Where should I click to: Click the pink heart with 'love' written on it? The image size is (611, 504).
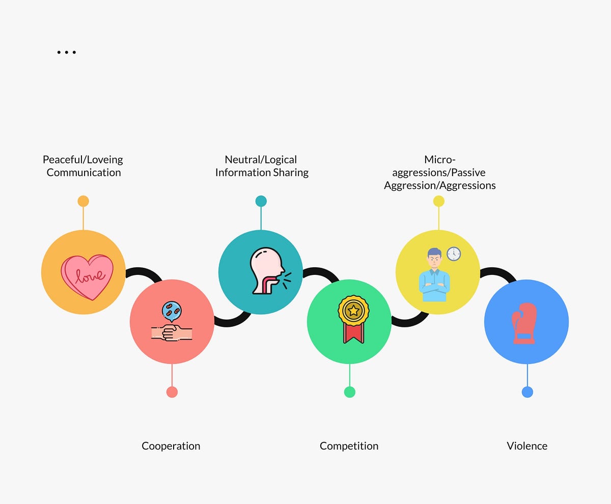pos(87,277)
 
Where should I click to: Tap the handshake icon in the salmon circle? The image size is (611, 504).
pos(172,321)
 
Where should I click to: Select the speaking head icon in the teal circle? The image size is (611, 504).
pos(270,271)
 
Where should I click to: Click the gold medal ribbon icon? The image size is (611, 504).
pos(353,319)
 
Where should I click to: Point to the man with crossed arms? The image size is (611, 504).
pos(434,275)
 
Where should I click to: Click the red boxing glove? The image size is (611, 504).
pos(524,323)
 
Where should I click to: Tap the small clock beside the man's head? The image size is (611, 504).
pos(454,254)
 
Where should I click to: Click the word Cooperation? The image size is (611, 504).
pos(171,446)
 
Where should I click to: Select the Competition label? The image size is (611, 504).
pos(349,446)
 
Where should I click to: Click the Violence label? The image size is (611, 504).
pos(527,446)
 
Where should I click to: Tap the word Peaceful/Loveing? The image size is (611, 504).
pos(83,160)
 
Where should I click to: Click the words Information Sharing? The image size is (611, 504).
pos(262,173)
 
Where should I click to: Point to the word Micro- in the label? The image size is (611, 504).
pos(440,159)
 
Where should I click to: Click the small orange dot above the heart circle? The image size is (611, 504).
pos(84,201)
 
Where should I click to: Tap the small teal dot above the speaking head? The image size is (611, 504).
pos(261,201)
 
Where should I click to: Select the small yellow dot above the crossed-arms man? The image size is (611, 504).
pos(438,201)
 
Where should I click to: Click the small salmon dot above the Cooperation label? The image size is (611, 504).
pos(172,392)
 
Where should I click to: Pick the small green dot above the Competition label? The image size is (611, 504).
pos(350,392)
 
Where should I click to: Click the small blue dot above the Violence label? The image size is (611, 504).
pos(527,392)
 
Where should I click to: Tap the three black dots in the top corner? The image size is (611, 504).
pos(67,52)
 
